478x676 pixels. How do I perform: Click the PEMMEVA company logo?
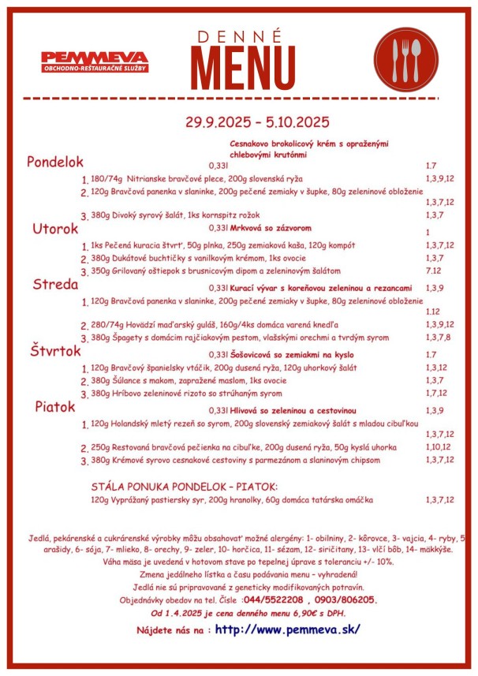[95, 62]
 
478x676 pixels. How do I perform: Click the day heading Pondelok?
[55, 162]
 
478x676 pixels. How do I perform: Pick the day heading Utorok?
[55, 229]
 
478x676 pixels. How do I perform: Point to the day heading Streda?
[55, 285]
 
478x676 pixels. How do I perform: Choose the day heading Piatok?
[54, 407]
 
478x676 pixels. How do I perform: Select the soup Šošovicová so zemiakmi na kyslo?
[292, 355]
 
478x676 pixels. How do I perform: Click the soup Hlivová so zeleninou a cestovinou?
[293, 411]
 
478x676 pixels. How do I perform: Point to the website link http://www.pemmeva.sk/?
[287, 629]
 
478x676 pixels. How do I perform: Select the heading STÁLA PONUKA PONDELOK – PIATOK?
[185, 487]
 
